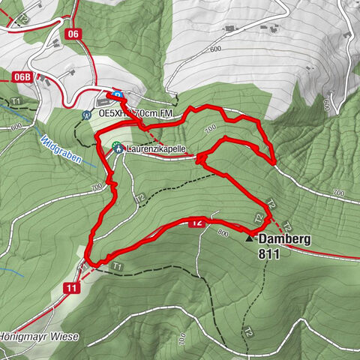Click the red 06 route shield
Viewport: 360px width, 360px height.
pos(72,33)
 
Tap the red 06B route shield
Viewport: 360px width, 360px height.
pos(24,76)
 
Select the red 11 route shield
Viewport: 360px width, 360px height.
pos(71,288)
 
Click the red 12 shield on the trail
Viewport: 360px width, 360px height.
pos(196,222)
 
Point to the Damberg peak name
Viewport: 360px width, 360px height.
pos(284,240)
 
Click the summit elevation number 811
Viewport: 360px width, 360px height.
pos(267,255)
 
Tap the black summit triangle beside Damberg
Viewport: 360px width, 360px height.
pos(250,238)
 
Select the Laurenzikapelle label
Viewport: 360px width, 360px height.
pos(156,148)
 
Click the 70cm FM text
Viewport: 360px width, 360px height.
pos(155,114)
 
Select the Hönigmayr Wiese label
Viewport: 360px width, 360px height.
pos(39,337)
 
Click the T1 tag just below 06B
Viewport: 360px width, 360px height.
pos(16,100)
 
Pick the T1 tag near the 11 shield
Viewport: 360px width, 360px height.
pos(115,266)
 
